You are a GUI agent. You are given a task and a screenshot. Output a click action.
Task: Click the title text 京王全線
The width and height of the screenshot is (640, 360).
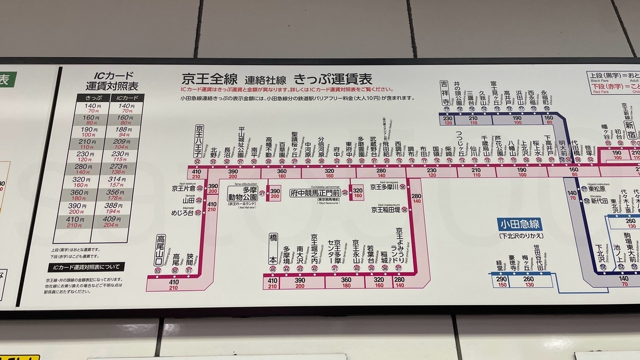point(209,79)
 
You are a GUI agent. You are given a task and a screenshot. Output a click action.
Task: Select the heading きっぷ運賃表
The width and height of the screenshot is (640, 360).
point(332,79)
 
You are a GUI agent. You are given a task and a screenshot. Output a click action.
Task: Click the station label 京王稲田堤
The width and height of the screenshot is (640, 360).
point(386,210)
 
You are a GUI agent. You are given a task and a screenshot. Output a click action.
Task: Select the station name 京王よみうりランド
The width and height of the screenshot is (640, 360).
point(399,245)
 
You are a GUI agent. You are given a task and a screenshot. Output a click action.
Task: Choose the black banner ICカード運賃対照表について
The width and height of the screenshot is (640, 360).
point(86,267)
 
